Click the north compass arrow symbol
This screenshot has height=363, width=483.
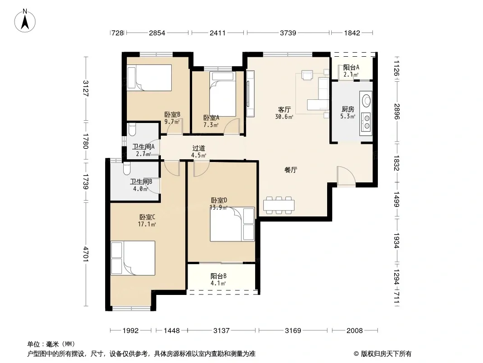pyautogui.click(x=25, y=21)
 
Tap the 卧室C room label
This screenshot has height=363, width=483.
pyautogui.click(x=147, y=217)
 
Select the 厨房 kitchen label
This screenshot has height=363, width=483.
pyautogui.click(x=348, y=109)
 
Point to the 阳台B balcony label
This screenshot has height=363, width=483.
pyautogui.click(x=218, y=276)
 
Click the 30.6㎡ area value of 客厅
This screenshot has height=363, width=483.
pyautogui.click(x=284, y=117)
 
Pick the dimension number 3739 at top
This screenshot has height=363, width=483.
pyautogui.click(x=288, y=33)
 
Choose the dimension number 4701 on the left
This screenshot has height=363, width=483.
pyautogui.click(x=86, y=254)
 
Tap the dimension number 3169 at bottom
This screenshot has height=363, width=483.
pyautogui.click(x=293, y=331)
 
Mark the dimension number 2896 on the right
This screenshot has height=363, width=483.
pyautogui.click(x=396, y=112)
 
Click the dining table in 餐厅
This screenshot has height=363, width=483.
pyautogui.click(x=279, y=205)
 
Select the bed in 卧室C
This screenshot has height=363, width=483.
pyautogui.click(x=133, y=258)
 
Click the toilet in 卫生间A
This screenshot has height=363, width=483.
pyautogui.click(x=131, y=129)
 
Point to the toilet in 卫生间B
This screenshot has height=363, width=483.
pyautogui.click(x=126, y=168)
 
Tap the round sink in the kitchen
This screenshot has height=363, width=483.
pyautogui.click(x=367, y=100)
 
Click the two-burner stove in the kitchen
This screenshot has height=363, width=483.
pyautogui.click(x=367, y=122)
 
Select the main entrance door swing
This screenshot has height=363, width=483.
pyautogui.click(x=346, y=176)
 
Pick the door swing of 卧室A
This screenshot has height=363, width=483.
pyautogui.click(x=232, y=126)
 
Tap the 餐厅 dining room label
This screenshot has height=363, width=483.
pyautogui.click(x=291, y=170)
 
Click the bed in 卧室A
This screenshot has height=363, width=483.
pyautogui.click(x=223, y=94)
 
